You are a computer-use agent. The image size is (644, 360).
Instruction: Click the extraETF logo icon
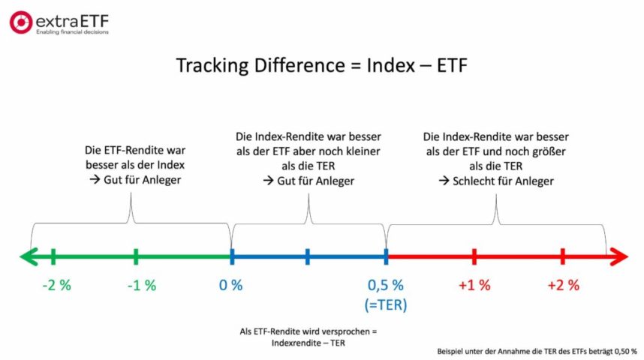click(21, 22)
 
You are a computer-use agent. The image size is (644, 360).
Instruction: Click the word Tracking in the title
click(213, 66)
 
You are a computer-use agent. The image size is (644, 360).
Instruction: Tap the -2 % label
click(54, 285)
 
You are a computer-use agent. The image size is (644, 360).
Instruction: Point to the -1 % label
click(140, 285)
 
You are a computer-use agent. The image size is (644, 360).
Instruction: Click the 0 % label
click(230, 285)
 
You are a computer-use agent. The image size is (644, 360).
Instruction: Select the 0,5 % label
click(386, 285)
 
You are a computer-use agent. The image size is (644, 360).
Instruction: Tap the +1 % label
click(474, 285)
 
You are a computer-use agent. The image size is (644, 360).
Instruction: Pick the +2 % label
click(563, 285)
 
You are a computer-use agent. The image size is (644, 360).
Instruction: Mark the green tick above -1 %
click(136, 257)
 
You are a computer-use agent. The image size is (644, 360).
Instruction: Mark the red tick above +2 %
click(562, 257)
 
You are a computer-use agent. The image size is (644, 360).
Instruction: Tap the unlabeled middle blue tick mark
click(308, 257)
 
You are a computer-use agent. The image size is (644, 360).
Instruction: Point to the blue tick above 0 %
click(232, 257)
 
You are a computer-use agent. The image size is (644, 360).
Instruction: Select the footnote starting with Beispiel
click(536, 351)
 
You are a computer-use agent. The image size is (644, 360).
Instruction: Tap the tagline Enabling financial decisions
click(72, 32)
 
